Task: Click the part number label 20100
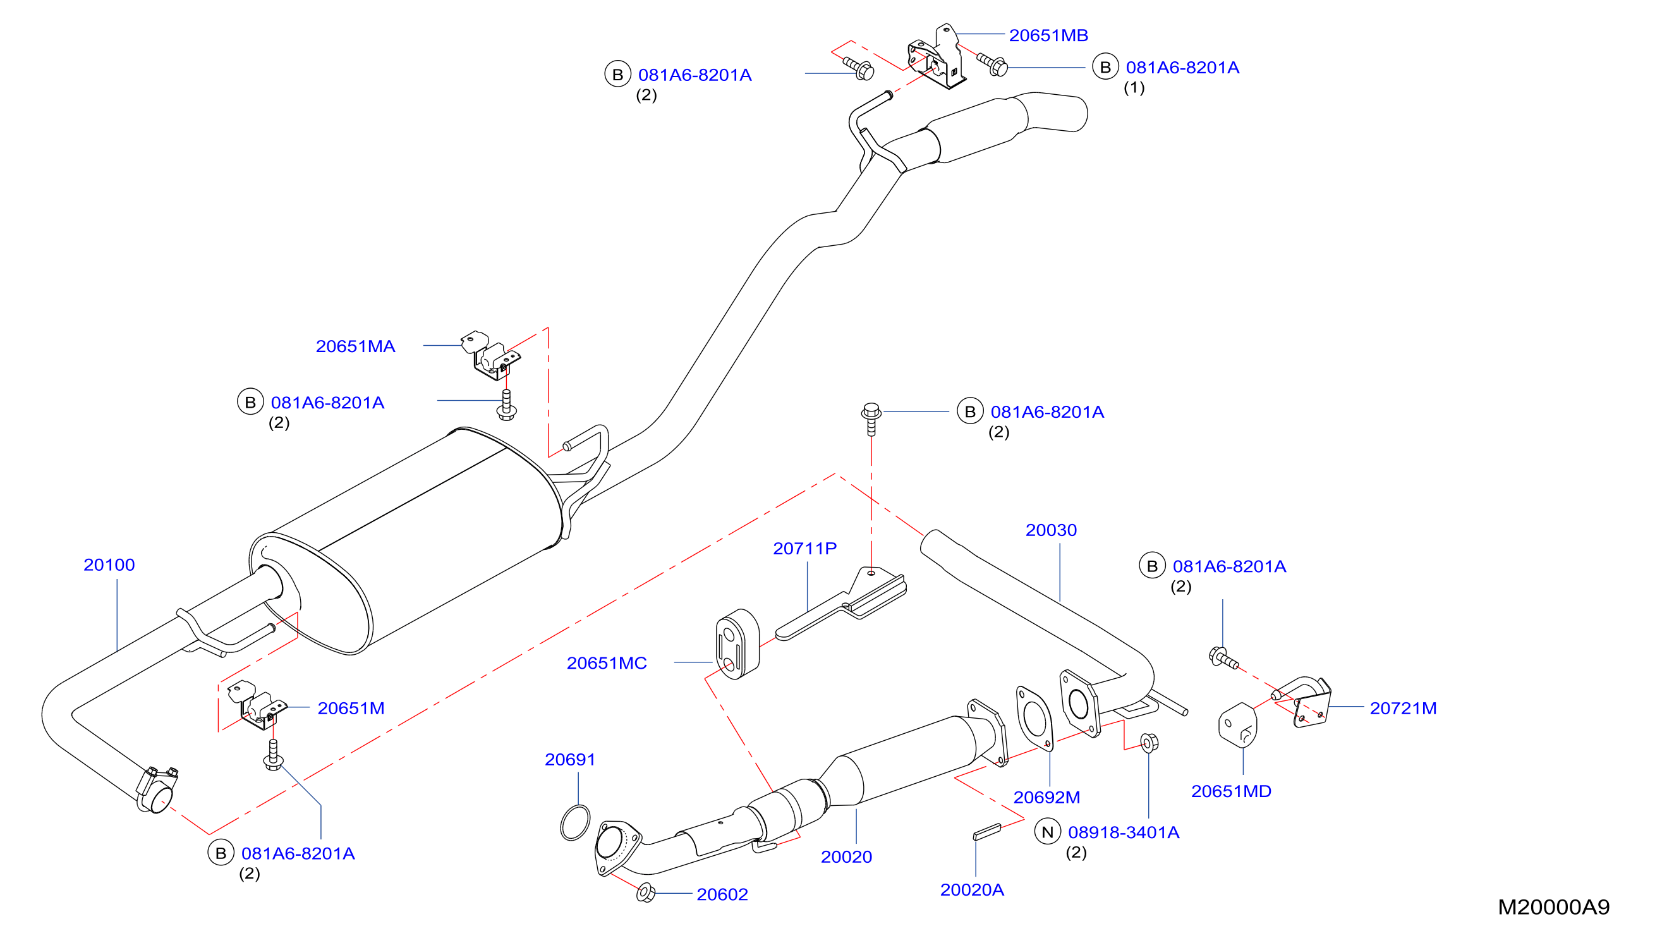pyautogui.click(x=109, y=565)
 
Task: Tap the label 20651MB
pyautogui.click(x=1048, y=35)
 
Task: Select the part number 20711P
pyautogui.click(x=804, y=549)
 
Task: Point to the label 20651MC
pyautogui.click(x=606, y=663)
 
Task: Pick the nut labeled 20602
pyautogui.click(x=645, y=892)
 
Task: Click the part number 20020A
pyautogui.click(x=971, y=890)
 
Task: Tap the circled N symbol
pyautogui.click(x=1047, y=832)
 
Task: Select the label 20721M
pyautogui.click(x=1403, y=709)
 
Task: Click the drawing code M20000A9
pyautogui.click(x=1554, y=907)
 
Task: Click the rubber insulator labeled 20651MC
pyautogui.click(x=737, y=644)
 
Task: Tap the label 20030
pyautogui.click(x=1051, y=530)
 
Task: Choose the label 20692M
pyautogui.click(x=1046, y=798)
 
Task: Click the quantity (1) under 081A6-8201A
pyautogui.click(x=1134, y=88)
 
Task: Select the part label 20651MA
pyautogui.click(x=356, y=346)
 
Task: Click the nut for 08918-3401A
pyautogui.click(x=1149, y=742)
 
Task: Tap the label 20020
pyautogui.click(x=846, y=856)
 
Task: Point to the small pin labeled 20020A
pyautogui.click(x=987, y=832)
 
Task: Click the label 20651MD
pyautogui.click(x=1231, y=791)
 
